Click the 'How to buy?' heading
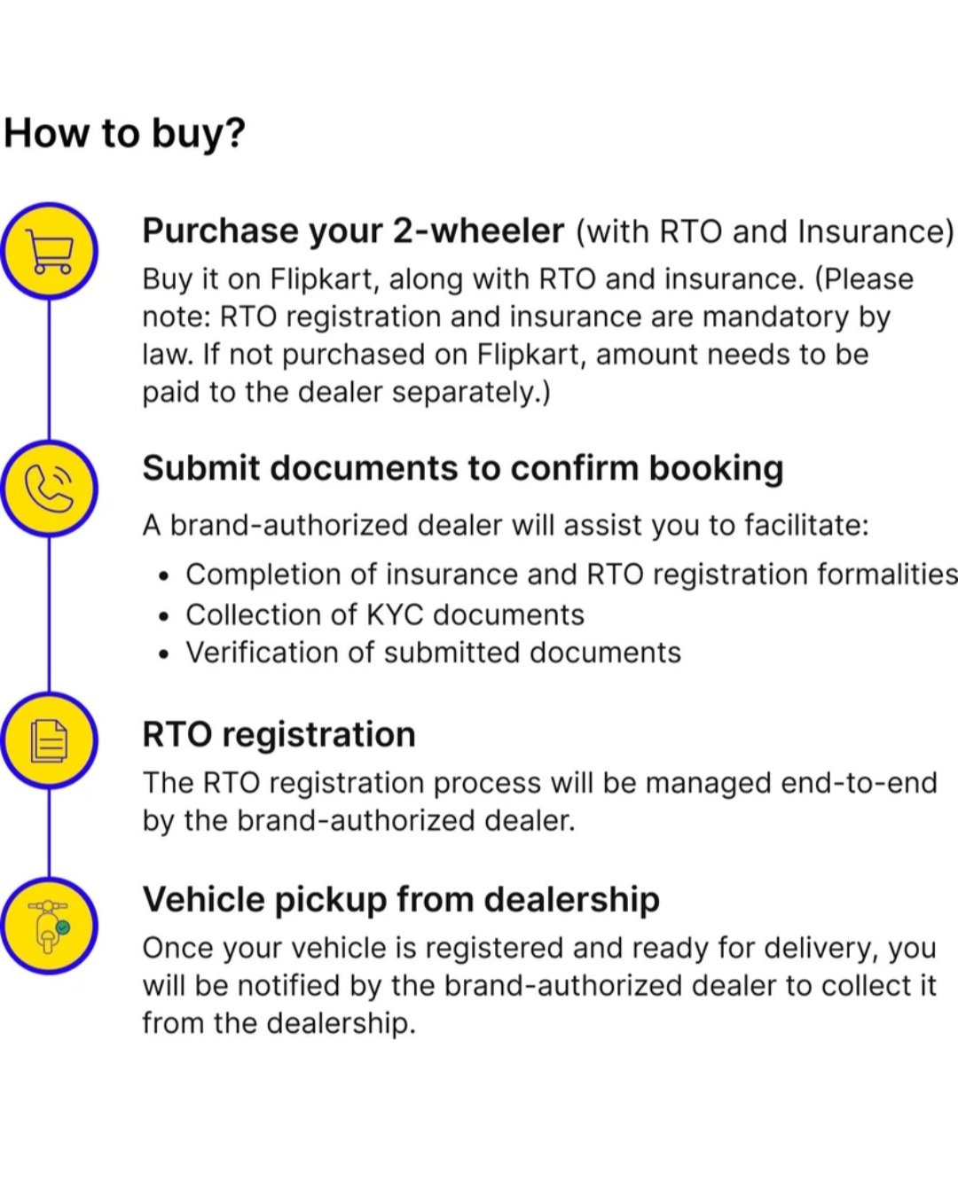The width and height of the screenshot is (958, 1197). click(125, 135)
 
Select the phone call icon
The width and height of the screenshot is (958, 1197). click(49, 488)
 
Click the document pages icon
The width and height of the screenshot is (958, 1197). click(49, 740)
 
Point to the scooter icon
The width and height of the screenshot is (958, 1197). click(49, 927)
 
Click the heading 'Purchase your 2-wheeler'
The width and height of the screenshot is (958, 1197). click(353, 231)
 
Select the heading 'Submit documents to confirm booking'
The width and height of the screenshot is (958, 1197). click(462, 468)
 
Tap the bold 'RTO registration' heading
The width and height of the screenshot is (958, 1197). click(279, 734)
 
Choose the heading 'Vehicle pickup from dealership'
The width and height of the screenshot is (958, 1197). click(401, 899)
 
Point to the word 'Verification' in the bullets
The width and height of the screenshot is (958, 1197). click(263, 653)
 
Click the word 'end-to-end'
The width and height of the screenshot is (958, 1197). click(859, 783)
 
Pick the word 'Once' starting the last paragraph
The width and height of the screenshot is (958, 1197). click(178, 949)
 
